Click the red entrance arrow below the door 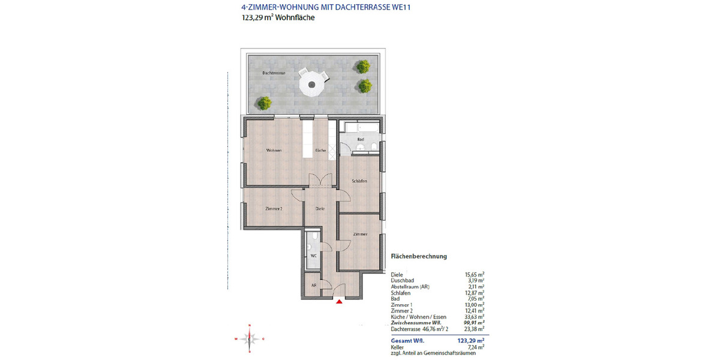coord(340,302)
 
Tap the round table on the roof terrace coord(311,82)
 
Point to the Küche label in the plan coord(320,150)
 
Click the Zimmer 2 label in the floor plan coord(274,209)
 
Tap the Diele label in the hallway coord(320,209)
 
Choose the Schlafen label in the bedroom coord(359,181)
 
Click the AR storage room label coord(313,286)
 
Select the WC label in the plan coord(313,256)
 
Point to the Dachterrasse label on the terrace coord(274,73)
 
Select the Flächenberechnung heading coord(419,256)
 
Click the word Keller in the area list coord(398,347)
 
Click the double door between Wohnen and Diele coord(320,180)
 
